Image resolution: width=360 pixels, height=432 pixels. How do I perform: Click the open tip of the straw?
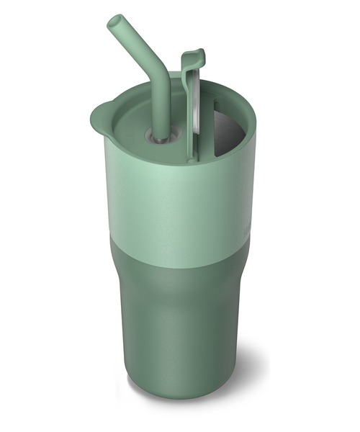[114, 22]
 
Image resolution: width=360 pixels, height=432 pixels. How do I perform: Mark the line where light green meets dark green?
[180, 248]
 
